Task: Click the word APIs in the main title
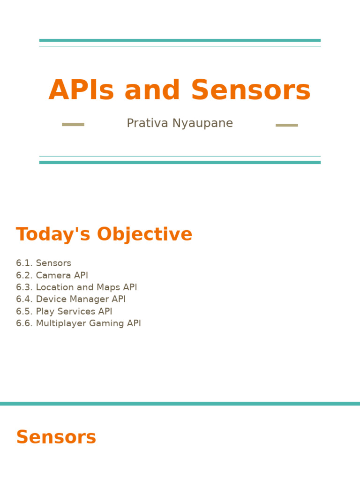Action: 81,90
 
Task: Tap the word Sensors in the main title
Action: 250,90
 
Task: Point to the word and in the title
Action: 152,90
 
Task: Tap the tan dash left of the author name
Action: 73,125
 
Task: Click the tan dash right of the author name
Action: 286,125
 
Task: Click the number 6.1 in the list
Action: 24,263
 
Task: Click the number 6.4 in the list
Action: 24,300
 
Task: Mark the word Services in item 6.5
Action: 77,312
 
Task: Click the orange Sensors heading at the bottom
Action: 56,437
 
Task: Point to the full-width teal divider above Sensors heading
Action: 180,404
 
